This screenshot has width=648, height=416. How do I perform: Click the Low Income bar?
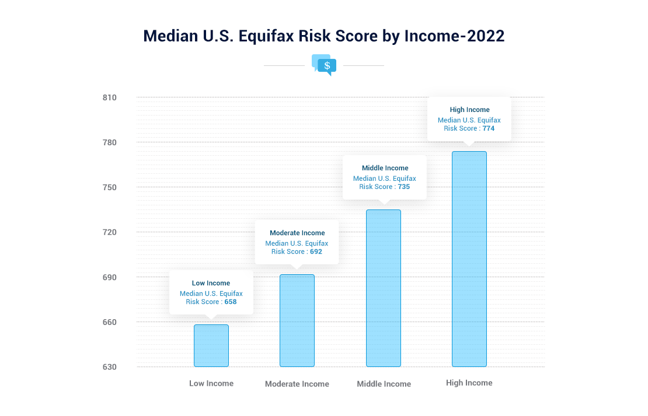coord(211,345)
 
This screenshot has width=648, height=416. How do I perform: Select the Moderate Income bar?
coord(297,320)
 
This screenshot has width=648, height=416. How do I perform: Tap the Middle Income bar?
coord(384,288)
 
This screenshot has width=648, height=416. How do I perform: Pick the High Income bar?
coord(469,259)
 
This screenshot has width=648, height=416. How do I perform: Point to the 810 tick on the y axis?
coord(110,97)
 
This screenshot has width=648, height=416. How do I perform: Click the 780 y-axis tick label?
coord(110,142)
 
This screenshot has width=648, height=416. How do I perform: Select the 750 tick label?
coord(110,187)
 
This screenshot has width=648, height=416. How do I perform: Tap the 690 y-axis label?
coord(110,277)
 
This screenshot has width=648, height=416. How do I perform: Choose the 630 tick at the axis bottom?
coord(110,367)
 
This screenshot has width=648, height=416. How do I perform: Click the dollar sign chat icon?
coord(324,65)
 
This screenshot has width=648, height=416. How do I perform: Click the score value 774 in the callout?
coord(489,128)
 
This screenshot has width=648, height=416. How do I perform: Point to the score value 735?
coord(404,187)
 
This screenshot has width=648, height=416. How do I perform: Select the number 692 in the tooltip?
coord(316,251)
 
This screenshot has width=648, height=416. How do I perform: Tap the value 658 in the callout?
coord(231,302)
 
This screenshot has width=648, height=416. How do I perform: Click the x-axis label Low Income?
coord(211,383)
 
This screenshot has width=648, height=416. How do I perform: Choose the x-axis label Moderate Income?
coord(297,384)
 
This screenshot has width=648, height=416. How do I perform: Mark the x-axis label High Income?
coord(469,383)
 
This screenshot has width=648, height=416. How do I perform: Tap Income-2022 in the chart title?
coord(454,36)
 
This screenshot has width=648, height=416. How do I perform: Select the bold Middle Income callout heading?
coord(385,168)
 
